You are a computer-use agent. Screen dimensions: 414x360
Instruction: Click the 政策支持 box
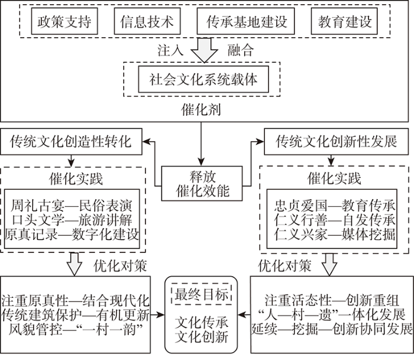click(64, 21)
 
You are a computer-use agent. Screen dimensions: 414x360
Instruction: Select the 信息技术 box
click(147, 21)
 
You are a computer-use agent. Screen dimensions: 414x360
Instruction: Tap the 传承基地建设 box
click(246, 21)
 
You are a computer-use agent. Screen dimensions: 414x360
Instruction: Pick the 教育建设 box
click(344, 21)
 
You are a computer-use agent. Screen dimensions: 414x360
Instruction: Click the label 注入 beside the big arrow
click(170, 50)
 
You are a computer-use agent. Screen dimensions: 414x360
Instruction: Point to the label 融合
click(241, 50)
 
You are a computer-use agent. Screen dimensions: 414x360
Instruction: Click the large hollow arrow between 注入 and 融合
click(205, 50)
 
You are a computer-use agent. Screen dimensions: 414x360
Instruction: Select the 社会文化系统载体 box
click(203, 79)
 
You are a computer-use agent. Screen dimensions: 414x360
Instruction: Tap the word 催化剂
click(201, 109)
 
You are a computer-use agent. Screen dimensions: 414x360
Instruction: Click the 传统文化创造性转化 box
click(71, 141)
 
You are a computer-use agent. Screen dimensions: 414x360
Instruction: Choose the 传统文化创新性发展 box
click(337, 141)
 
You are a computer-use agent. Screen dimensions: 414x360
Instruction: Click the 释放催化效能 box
click(202, 183)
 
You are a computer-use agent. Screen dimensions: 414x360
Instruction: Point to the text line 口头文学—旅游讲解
click(72, 220)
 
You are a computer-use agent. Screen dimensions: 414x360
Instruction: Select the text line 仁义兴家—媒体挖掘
click(335, 234)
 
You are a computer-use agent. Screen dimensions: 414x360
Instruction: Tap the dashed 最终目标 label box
click(202, 294)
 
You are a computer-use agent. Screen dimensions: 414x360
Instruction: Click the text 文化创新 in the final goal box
click(202, 337)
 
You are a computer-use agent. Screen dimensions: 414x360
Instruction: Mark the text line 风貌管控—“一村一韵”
click(76, 329)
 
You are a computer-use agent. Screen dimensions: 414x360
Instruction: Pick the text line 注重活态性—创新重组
click(332, 300)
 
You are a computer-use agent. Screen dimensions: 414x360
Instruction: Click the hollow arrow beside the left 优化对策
click(75, 264)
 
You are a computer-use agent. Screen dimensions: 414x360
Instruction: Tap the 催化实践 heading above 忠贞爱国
click(334, 179)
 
